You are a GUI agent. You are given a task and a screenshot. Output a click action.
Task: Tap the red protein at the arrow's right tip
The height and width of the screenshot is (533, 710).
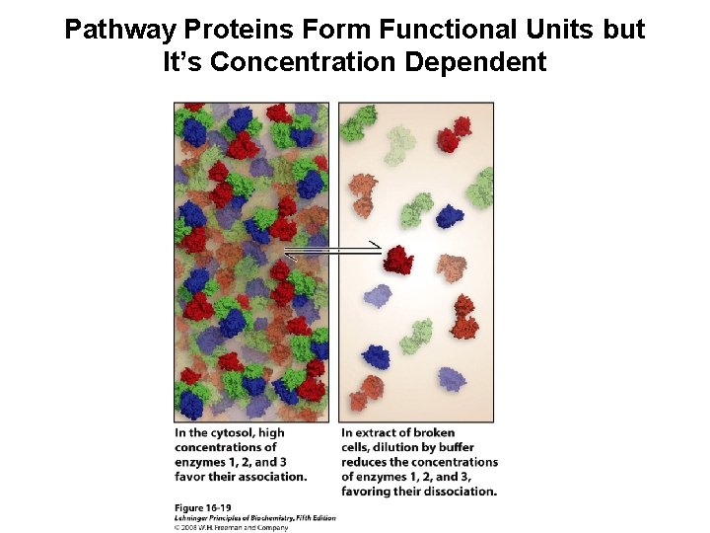(x=399, y=260)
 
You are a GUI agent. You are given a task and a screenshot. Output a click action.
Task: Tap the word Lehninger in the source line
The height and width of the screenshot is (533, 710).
(x=196, y=517)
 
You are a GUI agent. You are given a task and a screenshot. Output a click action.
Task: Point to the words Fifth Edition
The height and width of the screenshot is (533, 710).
(x=314, y=517)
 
